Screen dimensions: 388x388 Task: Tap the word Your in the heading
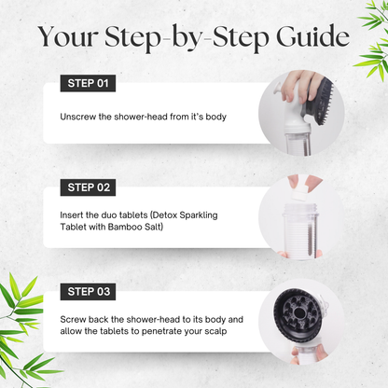68,37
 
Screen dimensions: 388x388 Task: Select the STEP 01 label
88,83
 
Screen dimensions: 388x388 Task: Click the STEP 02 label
88,187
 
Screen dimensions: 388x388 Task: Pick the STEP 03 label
88,292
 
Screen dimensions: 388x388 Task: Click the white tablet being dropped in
298,195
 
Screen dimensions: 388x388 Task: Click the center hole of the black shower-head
299,312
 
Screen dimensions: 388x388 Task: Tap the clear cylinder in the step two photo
299,231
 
